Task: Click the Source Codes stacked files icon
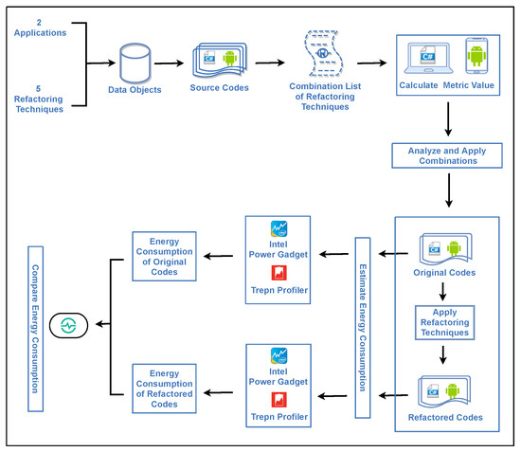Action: point(220,63)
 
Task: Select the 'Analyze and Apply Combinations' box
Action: point(445,156)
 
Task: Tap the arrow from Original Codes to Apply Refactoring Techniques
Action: point(443,294)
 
